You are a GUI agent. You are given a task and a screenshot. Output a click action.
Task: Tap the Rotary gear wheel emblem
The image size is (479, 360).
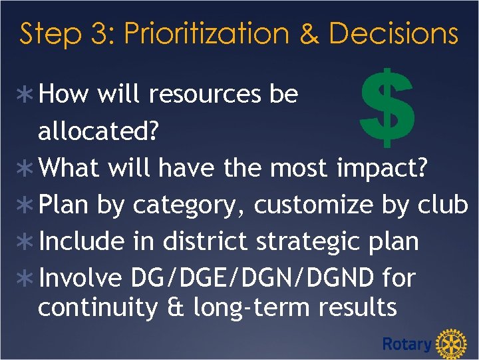(x=452, y=344)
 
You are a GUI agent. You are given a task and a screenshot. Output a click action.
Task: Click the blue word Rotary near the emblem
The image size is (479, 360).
(x=406, y=344)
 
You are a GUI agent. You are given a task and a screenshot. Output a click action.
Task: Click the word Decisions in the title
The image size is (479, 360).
(x=393, y=34)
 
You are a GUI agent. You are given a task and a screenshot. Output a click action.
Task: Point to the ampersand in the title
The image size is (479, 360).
(x=309, y=34)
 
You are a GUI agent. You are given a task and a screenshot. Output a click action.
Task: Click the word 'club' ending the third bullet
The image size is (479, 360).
(x=443, y=205)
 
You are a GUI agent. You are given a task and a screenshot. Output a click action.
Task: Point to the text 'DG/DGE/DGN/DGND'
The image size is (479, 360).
(x=253, y=278)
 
